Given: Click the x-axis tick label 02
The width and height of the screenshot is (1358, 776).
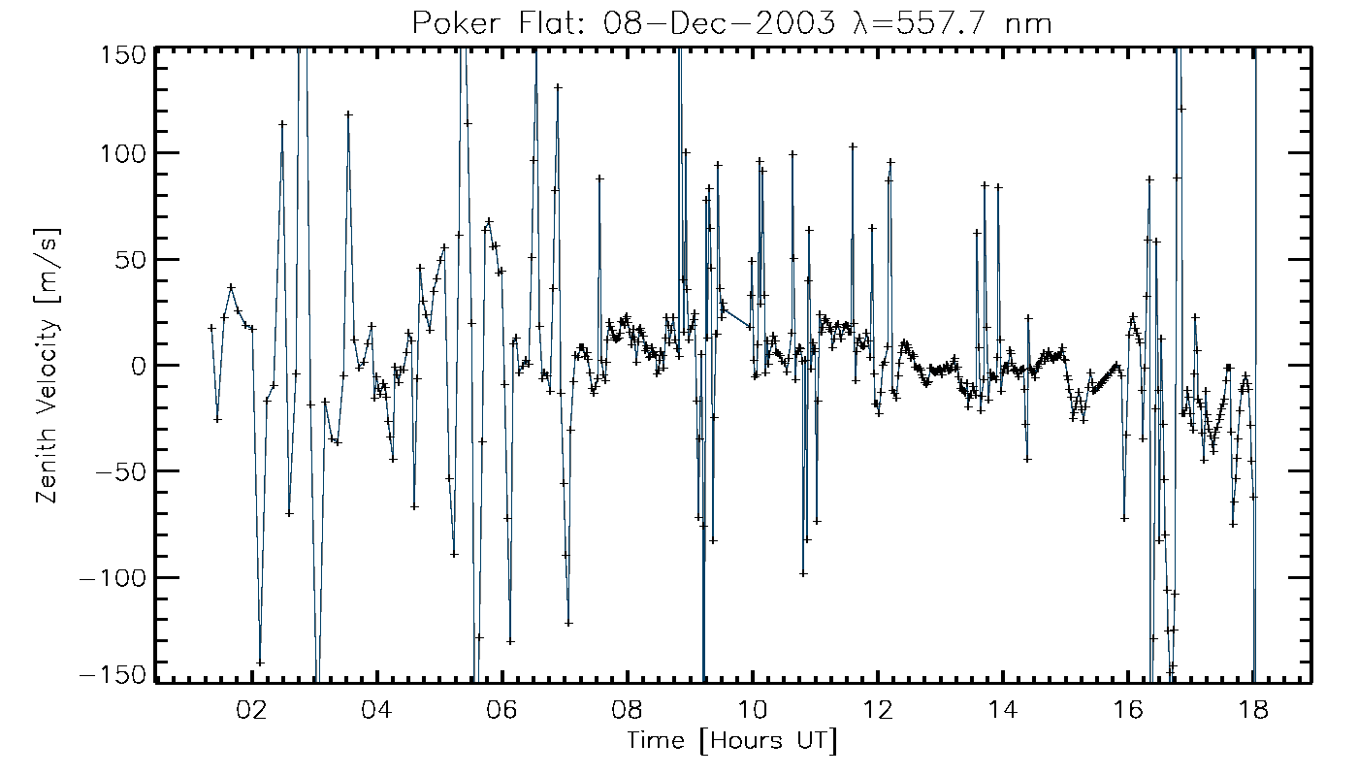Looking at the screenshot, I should tap(253, 709).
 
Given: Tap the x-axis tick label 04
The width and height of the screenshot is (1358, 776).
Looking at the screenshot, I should tap(377, 709).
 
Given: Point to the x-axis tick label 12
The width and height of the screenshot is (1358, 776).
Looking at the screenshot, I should tap(878, 709).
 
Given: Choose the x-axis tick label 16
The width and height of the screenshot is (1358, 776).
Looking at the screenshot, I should tap(1128, 709).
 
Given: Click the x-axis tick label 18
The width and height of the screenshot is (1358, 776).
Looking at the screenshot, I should tap(1253, 709).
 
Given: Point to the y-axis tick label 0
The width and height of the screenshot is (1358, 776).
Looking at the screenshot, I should tap(138, 366).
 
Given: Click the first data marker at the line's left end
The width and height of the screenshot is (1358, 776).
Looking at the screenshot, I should tap(211, 328).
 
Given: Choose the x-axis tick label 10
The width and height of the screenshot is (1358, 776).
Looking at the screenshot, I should tap(753, 709).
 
